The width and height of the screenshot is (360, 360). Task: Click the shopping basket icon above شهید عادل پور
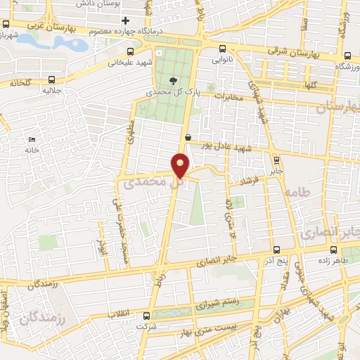(188, 137)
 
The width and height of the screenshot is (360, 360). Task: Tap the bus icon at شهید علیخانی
(130, 51)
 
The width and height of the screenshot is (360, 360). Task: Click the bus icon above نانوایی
(223, 49)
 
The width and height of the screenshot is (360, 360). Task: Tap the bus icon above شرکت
(146, 316)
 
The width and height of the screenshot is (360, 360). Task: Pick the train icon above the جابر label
(276, 159)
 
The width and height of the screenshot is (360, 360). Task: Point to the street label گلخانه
(22, 83)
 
